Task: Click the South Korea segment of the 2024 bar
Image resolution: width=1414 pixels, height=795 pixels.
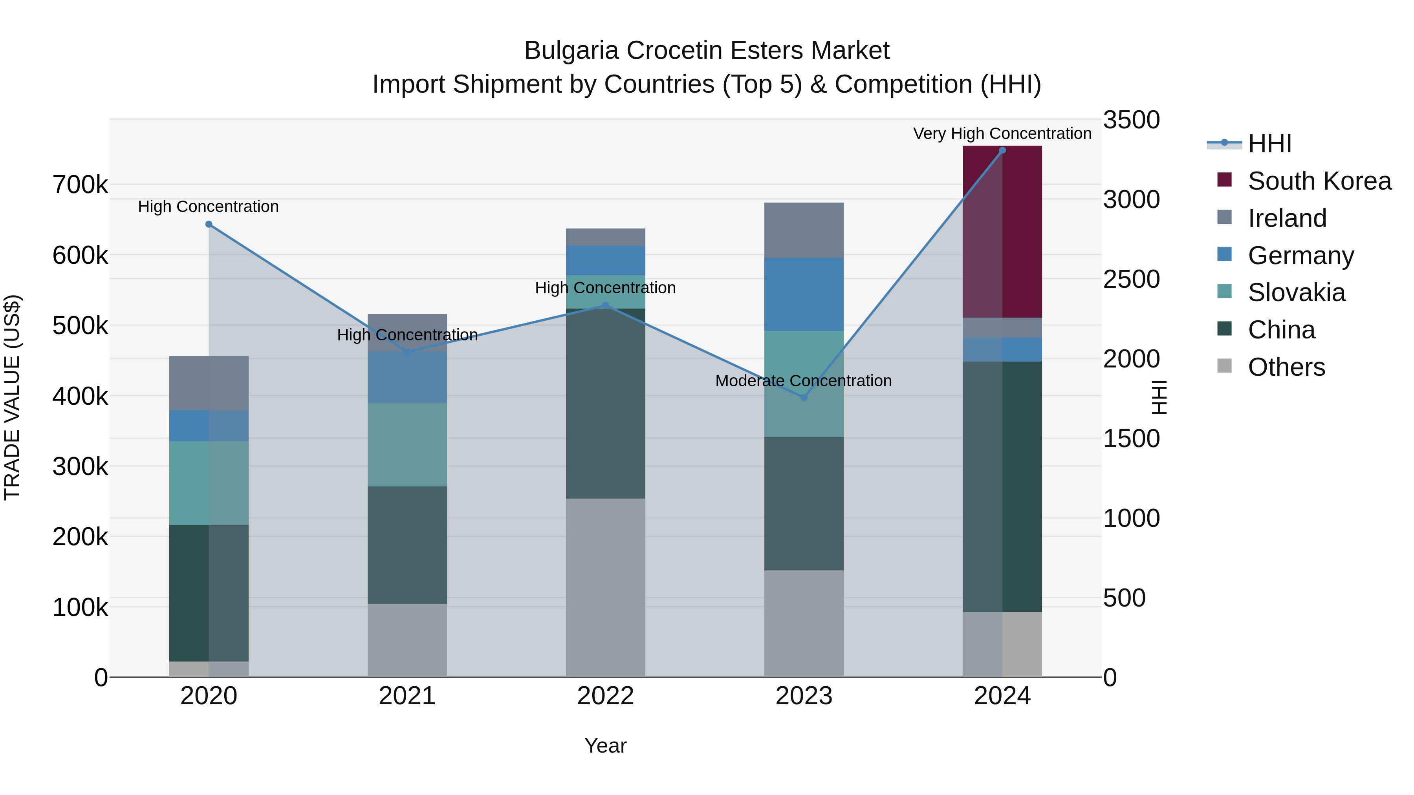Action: (1002, 232)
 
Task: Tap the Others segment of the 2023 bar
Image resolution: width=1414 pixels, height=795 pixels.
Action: (804, 623)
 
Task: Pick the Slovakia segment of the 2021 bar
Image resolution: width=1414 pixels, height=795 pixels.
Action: (407, 444)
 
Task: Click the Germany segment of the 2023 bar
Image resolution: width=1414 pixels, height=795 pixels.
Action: (804, 294)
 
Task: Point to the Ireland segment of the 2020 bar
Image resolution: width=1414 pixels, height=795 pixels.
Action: (209, 383)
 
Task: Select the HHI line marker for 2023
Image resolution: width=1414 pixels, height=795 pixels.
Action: (804, 397)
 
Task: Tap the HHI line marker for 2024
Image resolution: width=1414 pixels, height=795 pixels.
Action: (1002, 150)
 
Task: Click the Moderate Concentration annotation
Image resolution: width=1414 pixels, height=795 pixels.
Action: (803, 381)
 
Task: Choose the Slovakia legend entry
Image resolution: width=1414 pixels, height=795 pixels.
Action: (1296, 292)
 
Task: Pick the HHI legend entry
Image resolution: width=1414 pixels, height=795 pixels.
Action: (1269, 144)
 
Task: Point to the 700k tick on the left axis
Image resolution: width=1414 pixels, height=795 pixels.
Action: (80, 185)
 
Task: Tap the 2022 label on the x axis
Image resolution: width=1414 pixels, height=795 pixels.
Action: (605, 696)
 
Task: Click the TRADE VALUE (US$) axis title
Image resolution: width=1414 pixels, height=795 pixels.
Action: (12, 397)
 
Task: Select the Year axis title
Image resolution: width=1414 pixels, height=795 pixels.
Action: (605, 746)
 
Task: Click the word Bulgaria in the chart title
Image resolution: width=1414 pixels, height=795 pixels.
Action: (571, 51)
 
